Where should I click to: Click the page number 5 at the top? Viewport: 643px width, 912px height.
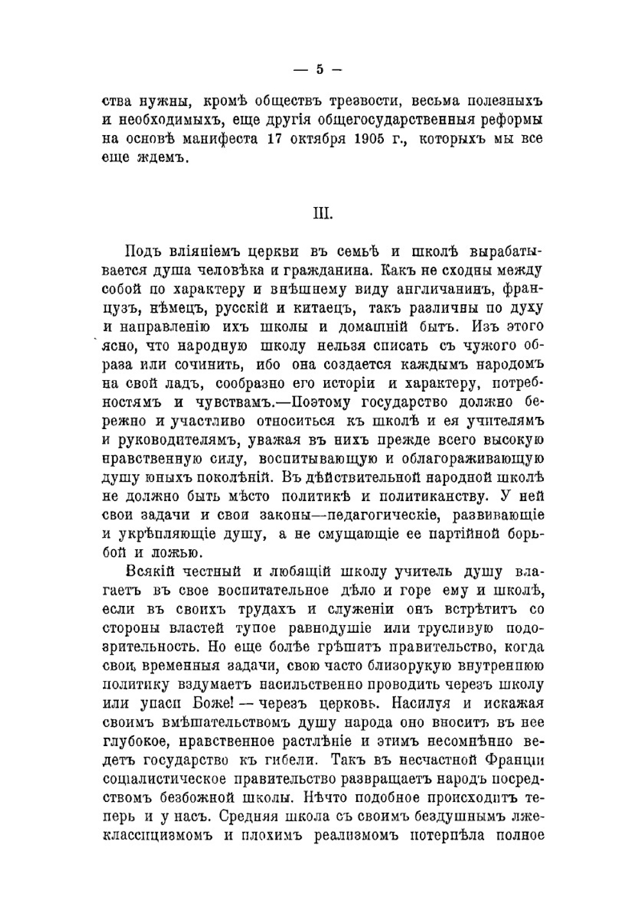[320, 70]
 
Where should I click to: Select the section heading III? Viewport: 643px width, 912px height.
[322, 213]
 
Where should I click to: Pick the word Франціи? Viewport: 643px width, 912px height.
[516, 760]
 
